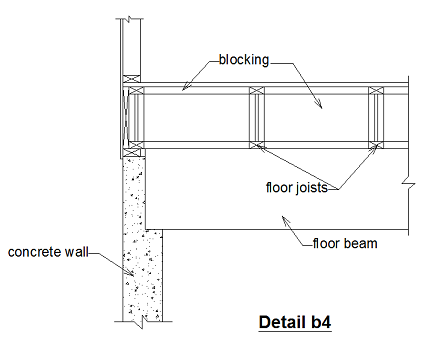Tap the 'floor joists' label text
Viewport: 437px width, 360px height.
(302, 186)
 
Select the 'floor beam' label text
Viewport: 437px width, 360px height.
(344, 242)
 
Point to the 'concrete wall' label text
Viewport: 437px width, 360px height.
(46, 252)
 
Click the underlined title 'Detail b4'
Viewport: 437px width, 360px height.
(294, 323)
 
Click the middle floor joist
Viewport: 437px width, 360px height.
(257, 118)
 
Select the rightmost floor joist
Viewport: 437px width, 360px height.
(376, 118)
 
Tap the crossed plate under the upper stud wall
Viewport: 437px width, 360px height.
(130, 79)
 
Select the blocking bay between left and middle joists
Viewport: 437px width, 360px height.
(195, 118)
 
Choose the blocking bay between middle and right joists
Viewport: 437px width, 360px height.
(317, 118)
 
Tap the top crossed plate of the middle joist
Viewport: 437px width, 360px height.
(257, 91)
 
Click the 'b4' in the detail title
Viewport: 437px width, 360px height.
(319, 323)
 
